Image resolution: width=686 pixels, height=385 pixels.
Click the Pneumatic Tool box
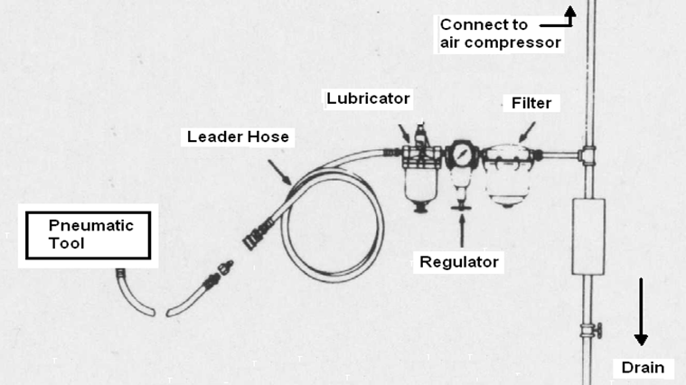pyautogui.click(x=88, y=235)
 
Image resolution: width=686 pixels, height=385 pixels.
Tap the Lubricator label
pyautogui.click(x=368, y=99)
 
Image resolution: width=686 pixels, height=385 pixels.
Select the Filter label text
pyautogui.click(x=531, y=103)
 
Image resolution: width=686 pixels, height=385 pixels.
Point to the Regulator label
pyautogui.click(x=459, y=262)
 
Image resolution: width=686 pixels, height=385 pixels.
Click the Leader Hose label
pyautogui.click(x=238, y=137)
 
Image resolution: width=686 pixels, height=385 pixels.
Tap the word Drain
pyautogui.click(x=643, y=368)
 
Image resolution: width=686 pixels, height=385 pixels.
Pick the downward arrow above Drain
pyautogui.click(x=641, y=312)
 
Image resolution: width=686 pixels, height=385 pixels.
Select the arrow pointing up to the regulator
pyautogui.click(x=462, y=230)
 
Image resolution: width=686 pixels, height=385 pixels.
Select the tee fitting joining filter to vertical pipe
pyautogui.click(x=587, y=155)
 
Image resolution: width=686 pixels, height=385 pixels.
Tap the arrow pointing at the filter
pyautogui.click(x=527, y=132)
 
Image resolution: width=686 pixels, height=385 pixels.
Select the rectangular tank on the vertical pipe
pyautogui.click(x=588, y=237)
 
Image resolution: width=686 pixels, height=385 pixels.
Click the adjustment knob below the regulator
pyautogui.click(x=461, y=206)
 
